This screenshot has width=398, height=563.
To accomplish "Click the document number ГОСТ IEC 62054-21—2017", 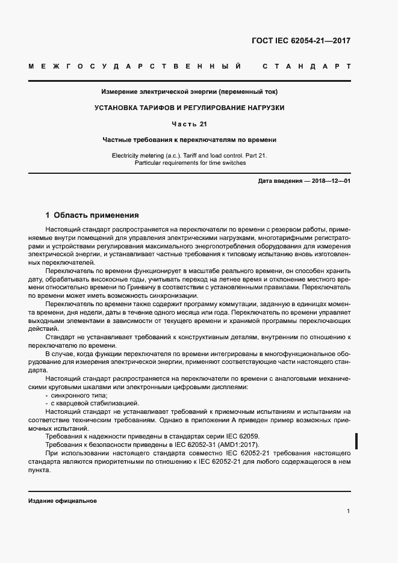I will (300, 42).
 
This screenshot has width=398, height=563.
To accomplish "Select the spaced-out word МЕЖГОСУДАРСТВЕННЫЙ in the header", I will (135, 66).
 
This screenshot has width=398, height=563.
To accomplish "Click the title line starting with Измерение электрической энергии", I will (189, 92).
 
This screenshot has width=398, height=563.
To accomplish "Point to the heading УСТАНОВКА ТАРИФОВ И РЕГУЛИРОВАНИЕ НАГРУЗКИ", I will (189, 108).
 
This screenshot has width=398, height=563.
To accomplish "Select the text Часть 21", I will (189, 124).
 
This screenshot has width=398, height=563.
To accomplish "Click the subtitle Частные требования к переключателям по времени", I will (189, 140).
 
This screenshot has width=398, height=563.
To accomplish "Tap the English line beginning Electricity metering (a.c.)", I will (189, 155).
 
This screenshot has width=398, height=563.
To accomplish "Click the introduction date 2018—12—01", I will (330, 181).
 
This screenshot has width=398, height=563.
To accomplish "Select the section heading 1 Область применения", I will (92, 215).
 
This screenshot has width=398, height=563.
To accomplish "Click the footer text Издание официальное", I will (62, 501).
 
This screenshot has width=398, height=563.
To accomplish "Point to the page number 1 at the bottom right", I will (348, 511).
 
